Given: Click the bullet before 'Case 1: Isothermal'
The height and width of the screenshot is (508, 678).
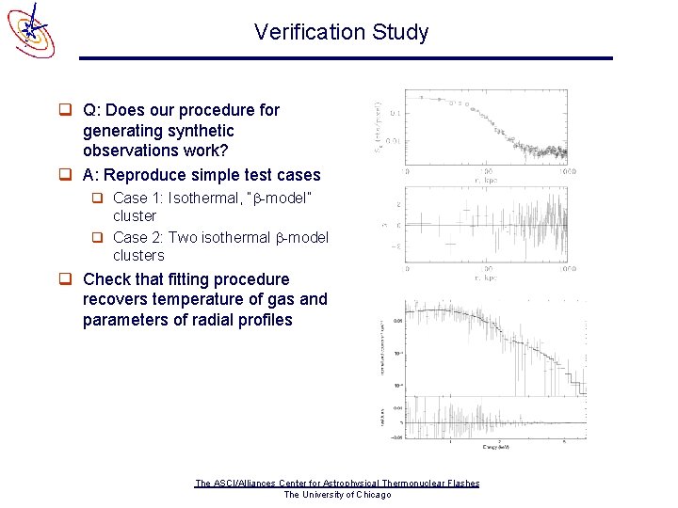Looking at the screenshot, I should [x=97, y=198].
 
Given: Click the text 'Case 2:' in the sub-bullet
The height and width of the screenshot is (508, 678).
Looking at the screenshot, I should [x=137, y=237].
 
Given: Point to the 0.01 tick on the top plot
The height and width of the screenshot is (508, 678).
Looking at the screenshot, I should [x=395, y=141].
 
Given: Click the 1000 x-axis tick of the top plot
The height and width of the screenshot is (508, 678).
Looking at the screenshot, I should [x=567, y=172].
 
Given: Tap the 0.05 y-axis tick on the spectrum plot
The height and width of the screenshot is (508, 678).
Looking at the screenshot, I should [x=398, y=320].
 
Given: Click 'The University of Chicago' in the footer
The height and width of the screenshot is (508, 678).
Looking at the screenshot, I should [x=337, y=495].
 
